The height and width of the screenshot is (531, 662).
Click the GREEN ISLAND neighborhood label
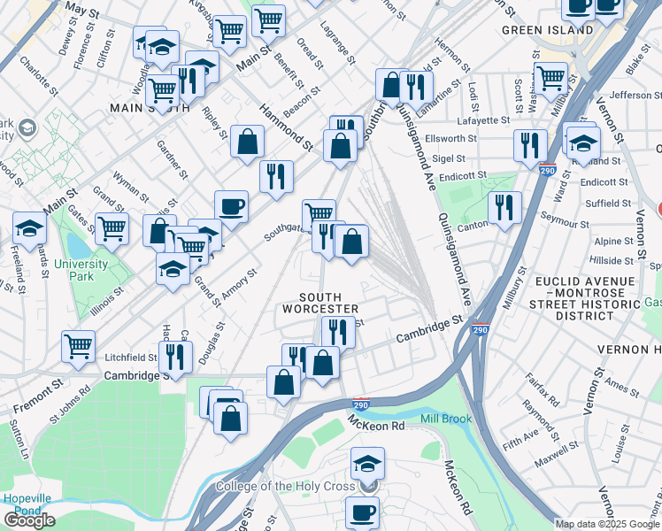(x=547, y=29)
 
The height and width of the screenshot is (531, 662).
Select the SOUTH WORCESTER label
(x=320, y=303)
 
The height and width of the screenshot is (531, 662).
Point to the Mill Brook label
(x=447, y=419)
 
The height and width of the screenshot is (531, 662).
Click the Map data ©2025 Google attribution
(x=607, y=524)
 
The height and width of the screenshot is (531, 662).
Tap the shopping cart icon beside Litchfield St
(x=78, y=345)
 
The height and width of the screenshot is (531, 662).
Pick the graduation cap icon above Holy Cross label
(x=367, y=462)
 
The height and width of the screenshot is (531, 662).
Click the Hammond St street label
(x=286, y=126)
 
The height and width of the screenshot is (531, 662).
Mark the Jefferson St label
(x=629, y=95)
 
